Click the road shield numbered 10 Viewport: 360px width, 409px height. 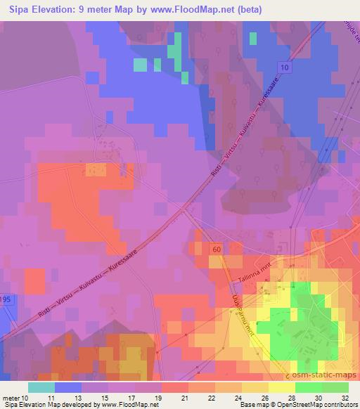(284, 67)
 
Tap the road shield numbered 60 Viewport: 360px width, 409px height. (215, 249)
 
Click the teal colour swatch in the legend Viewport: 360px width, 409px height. (41, 387)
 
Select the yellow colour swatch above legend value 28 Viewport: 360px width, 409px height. (282, 387)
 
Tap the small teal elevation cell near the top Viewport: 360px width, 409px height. (141, 65)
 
